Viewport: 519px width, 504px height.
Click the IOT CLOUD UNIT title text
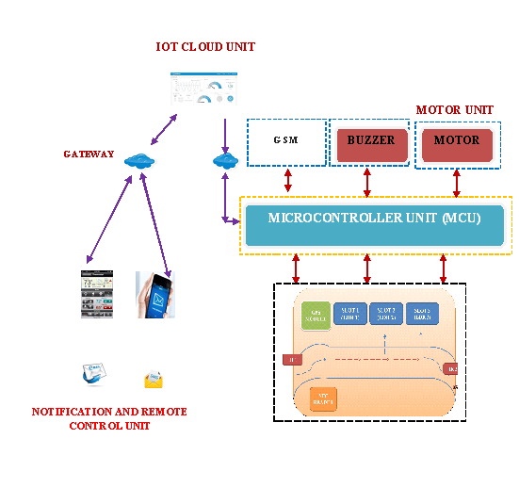click(205, 47)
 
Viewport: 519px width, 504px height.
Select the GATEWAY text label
click(89, 154)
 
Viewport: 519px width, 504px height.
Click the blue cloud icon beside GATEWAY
click(138, 160)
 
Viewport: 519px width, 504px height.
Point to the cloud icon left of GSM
click(225, 160)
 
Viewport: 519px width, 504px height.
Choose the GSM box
click(286, 142)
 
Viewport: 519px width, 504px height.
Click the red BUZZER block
click(371, 142)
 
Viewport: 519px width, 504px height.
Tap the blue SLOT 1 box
click(349, 314)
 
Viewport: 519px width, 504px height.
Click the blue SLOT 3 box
click(422, 314)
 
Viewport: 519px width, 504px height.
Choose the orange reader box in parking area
click(323, 398)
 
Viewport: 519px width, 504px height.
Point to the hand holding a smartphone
click(154, 293)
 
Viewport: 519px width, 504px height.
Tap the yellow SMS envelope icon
click(154, 380)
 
